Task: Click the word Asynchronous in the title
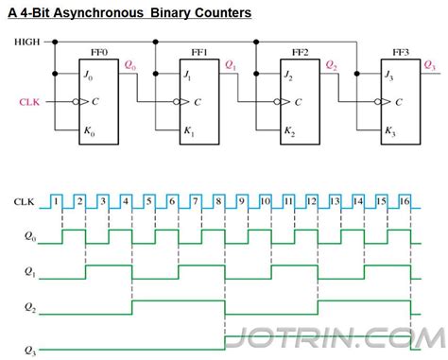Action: pos(98,13)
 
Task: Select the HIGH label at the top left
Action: pos(27,42)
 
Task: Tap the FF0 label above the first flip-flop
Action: pos(99,52)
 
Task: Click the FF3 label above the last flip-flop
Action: pos(401,52)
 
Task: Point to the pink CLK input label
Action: pos(29,102)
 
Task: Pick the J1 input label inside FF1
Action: pos(187,76)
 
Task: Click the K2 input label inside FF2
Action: pos(289,131)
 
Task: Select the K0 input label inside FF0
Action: pos(89,131)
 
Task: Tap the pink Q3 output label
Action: pos(429,65)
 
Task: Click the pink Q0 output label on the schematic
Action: pos(130,65)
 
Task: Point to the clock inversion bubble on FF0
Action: pos(76,102)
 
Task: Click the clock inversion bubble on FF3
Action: pos(377,102)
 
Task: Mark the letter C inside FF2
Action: pos(298,102)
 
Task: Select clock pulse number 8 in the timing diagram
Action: pos(218,201)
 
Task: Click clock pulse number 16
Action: pos(405,201)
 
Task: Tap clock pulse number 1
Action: pos(56,201)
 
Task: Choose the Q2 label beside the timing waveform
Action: pos(30,307)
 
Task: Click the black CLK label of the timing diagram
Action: pos(24,201)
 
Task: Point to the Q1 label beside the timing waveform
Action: pos(30,272)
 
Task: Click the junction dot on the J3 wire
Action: pos(357,74)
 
